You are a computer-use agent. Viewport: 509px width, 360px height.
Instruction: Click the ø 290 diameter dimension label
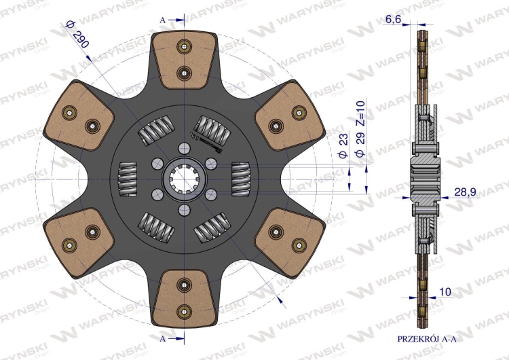[x=77, y=34]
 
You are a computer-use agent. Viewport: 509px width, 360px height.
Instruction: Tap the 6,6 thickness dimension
[x=393, y=20]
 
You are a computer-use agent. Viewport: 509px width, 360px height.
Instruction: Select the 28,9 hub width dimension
[x=465, y=192]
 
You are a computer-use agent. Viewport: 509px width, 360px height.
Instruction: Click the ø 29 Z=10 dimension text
[x=360, y=128]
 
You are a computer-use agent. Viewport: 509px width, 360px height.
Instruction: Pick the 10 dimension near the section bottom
[x=445, y=292]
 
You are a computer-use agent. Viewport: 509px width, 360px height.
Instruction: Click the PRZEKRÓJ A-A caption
[x=427, y=339]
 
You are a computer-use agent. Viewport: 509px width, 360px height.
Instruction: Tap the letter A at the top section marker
[x=163, y=20]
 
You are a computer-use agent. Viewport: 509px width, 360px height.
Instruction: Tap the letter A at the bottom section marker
[x=163, y=339]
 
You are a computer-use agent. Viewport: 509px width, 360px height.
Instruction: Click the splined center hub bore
[x=184, y=179]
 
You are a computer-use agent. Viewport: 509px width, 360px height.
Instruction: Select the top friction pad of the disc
[x=184, y=60]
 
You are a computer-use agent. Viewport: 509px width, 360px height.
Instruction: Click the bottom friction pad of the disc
[x=184, y=299]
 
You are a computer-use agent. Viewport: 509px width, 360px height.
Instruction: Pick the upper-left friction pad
[x=79, y=116]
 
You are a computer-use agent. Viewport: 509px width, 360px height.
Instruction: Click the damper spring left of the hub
[x=128, y=179]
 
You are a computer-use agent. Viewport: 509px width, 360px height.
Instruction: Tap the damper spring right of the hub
[x=240, y=179]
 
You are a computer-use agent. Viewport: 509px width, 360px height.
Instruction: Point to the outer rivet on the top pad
[x=184, y=46]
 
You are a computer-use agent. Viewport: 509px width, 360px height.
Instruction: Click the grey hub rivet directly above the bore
[x=184, y=148]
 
